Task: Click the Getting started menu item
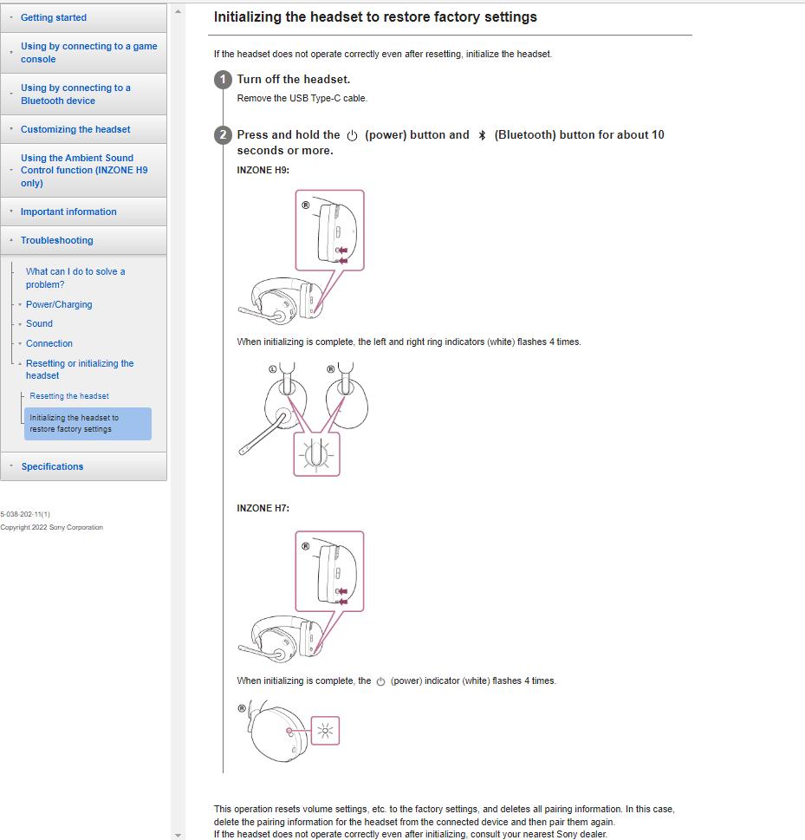click(x=54, y=17)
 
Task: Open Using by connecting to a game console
click(x=88, y=53)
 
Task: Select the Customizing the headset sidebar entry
click(x=75, y=129)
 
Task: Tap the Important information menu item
click(x=68, y=212)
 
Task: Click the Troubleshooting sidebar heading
click(x=56, y=240)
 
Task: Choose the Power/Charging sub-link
click(x=59, y=304)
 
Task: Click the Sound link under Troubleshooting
click(x=39, y=323)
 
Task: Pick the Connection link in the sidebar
click(x=49, y=343)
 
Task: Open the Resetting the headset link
click(x=69, y=396)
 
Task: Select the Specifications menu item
click(x=52, y=466)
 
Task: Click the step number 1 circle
click(x=223, y=80)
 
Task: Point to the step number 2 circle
click(x=223, y=135)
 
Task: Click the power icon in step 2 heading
click(x=352, y=135)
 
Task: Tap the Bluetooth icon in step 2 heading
click(x=482, y=135)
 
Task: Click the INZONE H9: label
click(x=263, y=170)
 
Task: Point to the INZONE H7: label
click(x=263, y=508)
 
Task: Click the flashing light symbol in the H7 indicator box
click(x=326, y=731)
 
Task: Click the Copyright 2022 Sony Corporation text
click(x=52, y=527)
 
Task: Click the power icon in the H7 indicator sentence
click(x=380, y=681)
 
